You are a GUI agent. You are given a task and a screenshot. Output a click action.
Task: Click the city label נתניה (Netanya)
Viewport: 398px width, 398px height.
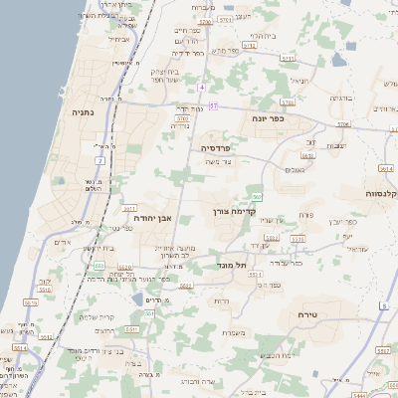click(82, 112)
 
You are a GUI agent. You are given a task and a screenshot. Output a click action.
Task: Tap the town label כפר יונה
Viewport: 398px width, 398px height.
click(269, 118)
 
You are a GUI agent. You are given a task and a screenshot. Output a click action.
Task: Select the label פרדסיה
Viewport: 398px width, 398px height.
click(216, 146)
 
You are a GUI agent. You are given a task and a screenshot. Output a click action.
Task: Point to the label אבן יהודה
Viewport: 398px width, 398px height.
click(152, 217)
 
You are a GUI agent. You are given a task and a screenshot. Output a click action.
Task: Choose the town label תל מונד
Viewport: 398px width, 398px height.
click(235, 264)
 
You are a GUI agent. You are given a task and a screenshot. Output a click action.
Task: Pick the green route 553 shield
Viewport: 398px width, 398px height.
click(99, 266)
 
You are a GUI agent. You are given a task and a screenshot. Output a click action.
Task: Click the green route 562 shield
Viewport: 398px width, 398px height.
click(257, 197)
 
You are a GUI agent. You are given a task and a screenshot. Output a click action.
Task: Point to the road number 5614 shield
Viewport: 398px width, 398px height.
click(385, 169)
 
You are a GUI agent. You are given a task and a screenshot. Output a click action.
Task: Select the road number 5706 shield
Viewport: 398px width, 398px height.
click(343, 123)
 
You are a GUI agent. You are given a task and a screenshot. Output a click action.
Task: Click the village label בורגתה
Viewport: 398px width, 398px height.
click(341, 99)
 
